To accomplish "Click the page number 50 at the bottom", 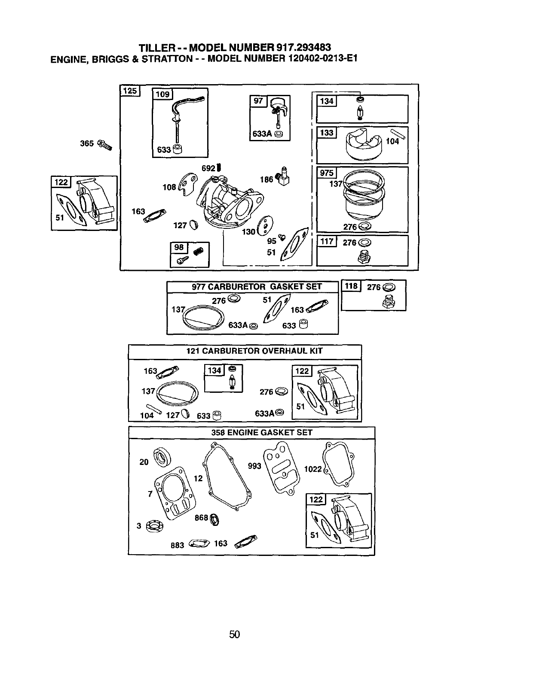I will tap(234, 634).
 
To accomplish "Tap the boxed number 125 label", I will tap(130, 91).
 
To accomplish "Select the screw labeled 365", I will tap(104, 145).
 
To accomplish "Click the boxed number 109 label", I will tap(162, 94).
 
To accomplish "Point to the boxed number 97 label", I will tap(258, 101).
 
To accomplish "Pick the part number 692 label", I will tap(208, 168).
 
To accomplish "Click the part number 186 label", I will tap(266, 179).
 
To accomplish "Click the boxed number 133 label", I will tap(327, 133).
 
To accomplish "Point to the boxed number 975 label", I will tap(327, 173).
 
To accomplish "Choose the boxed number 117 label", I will tap(327, 241).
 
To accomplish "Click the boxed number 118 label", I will tap(351, 286).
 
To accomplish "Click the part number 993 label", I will tap(254, 466).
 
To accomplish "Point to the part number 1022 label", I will tap(313, 469).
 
